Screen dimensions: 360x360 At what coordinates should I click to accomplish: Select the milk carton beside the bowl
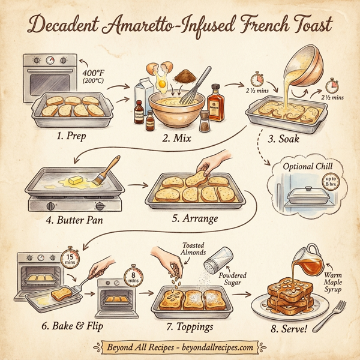pyautogui.click(x=144, y=89)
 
